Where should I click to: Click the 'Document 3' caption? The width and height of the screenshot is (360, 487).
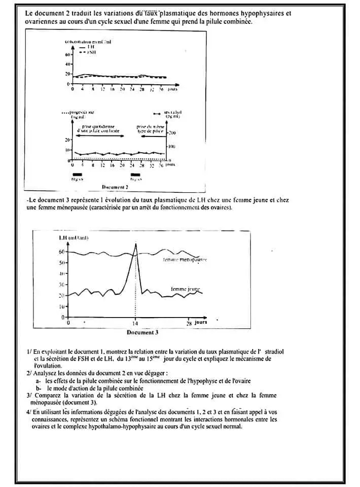coord(142,333)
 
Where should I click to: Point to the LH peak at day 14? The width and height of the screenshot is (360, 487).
coord(135,245)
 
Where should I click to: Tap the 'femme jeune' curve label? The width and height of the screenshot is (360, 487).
coord(186,288)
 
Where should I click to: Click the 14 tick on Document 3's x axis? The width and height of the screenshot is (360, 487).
coord(135,323)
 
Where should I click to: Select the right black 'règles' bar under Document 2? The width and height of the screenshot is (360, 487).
coord(135,174)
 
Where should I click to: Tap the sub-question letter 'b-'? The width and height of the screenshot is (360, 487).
coord(39,388)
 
